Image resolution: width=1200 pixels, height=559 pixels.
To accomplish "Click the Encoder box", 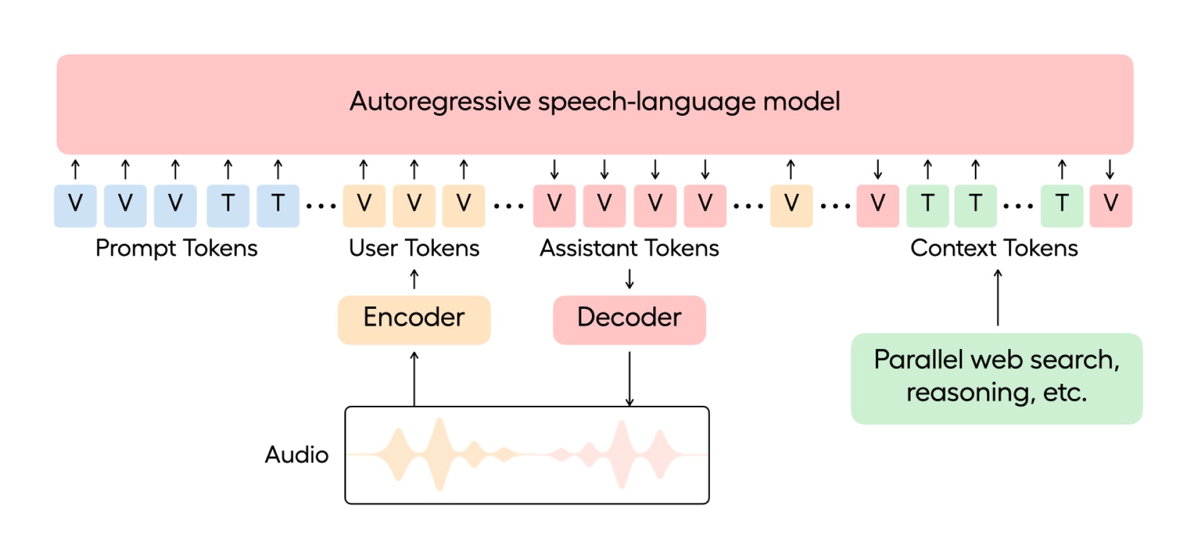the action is (414, 320).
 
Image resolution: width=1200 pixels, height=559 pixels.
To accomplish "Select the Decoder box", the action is (629, 320).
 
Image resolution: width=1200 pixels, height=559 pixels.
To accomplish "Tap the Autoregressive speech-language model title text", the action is (594, 101).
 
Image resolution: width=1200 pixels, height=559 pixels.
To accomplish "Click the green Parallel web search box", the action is (996, 378).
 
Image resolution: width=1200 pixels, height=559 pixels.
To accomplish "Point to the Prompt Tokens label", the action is (176, 248).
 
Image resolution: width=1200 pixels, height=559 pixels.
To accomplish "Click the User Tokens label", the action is (414, 248).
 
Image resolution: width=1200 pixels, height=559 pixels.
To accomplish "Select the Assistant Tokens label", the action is (629, 248).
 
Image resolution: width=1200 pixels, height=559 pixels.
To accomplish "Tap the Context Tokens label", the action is (994, 248).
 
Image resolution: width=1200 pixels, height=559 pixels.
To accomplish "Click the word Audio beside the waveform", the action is (296, 455).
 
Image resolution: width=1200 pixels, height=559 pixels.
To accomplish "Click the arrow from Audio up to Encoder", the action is (414, 379).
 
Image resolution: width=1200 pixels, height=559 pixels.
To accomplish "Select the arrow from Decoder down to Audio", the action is (629, 379).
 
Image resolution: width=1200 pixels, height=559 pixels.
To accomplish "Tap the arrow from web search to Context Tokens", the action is (997, 298).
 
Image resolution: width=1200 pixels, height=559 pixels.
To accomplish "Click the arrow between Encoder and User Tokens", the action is (414, 279).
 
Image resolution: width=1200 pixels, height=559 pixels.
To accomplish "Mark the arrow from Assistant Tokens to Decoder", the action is (629, 279).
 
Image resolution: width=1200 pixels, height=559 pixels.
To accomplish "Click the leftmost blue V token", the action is (75, 206).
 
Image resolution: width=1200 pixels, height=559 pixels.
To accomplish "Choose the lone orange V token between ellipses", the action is (791, 206).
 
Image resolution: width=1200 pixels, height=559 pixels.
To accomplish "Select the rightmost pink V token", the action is (1111, 206).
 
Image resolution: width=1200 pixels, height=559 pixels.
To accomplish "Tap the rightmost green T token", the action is (1061, 206).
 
